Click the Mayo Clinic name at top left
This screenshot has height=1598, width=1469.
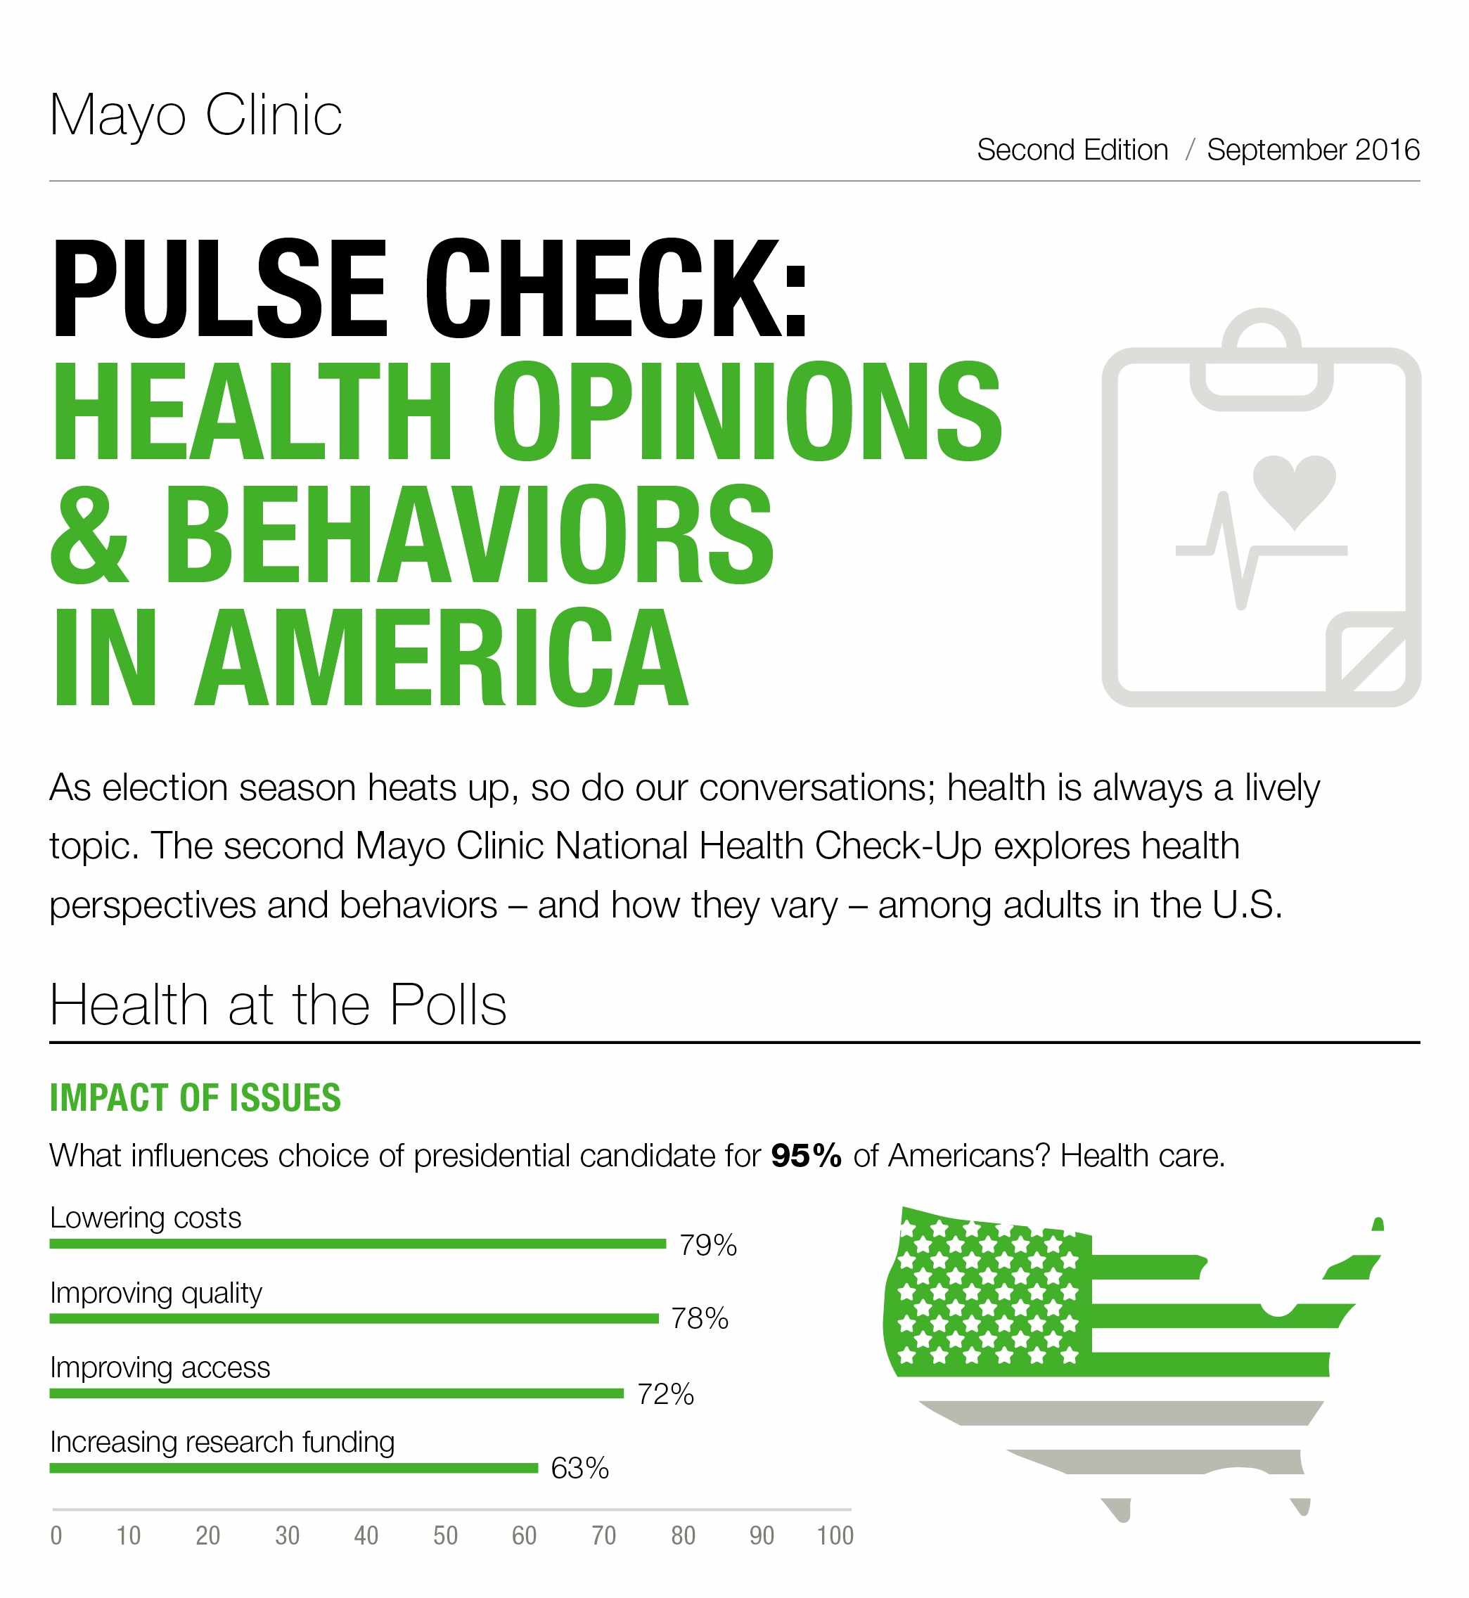pyautogui.click(x=195, y=115)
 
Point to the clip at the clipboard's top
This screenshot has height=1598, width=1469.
pyautogui.click(x=1261, y=361)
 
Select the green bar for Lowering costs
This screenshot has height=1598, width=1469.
pyautogui.click(x=357, y=1244)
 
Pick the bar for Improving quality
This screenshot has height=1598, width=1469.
pyautogui.click(x=354, y=1318)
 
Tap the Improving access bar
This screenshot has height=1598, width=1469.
pyautogui.click(x=336, y=1393)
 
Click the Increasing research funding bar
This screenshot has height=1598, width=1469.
pyautogui.click(x=293, y=1468)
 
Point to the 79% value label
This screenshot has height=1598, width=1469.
pyautogui.click(x=707, y=1245)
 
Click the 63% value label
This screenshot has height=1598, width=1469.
pyautogui.click(x=579, y=1469)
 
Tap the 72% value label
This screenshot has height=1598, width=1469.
pyautogui.click(x=665, y=1395)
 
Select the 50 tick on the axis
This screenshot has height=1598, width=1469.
pyautogui.click(x=445, y=1535)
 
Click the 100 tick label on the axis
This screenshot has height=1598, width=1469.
pyautogui.click(x=835, y=1535)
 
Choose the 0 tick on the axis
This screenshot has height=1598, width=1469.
pyautogui.click(x=56, y=1535)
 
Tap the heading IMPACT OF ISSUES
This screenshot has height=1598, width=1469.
pyautogui.click(x=195, y=1097)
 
